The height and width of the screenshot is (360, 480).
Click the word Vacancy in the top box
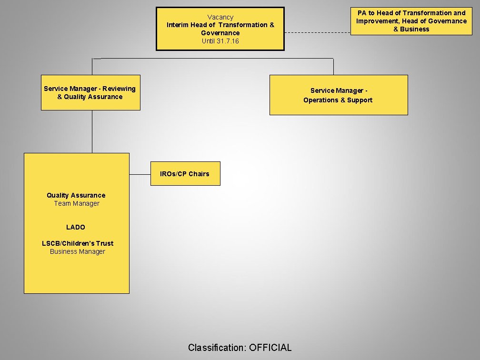220,17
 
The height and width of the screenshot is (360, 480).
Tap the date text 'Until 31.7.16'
220,41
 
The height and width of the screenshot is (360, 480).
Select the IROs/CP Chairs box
185,174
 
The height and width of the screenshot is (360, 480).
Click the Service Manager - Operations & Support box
338,95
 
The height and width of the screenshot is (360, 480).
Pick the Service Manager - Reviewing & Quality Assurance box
90,92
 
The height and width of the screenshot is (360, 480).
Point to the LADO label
76,227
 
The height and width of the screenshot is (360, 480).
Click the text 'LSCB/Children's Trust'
78,243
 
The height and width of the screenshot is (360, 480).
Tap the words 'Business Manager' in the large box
78,251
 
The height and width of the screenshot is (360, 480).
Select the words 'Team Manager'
77,203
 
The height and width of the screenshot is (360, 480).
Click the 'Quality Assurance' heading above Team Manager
76,195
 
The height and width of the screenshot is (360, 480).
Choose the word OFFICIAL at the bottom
270,348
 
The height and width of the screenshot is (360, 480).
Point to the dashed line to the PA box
317,33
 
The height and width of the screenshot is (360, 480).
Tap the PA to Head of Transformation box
411,21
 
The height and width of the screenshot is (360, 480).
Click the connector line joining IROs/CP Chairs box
140,174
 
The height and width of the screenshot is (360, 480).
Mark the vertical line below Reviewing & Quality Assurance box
92,131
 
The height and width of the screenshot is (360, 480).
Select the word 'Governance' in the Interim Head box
220,33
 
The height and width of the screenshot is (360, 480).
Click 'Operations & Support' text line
338,100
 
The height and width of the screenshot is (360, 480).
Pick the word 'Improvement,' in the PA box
377,21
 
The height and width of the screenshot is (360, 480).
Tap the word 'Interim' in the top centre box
177,25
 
